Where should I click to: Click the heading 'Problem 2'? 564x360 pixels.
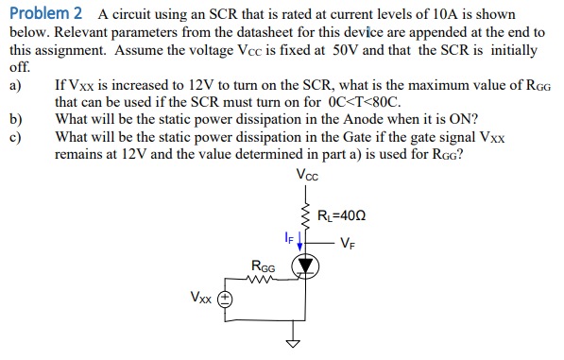(45, 13)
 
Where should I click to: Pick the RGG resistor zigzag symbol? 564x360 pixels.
(261, 279)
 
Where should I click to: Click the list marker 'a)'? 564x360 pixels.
(15, 85)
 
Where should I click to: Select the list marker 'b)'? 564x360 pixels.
(15, 118)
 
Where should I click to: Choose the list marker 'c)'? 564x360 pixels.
(15, 135)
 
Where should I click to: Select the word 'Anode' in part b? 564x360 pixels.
(366, 118)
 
